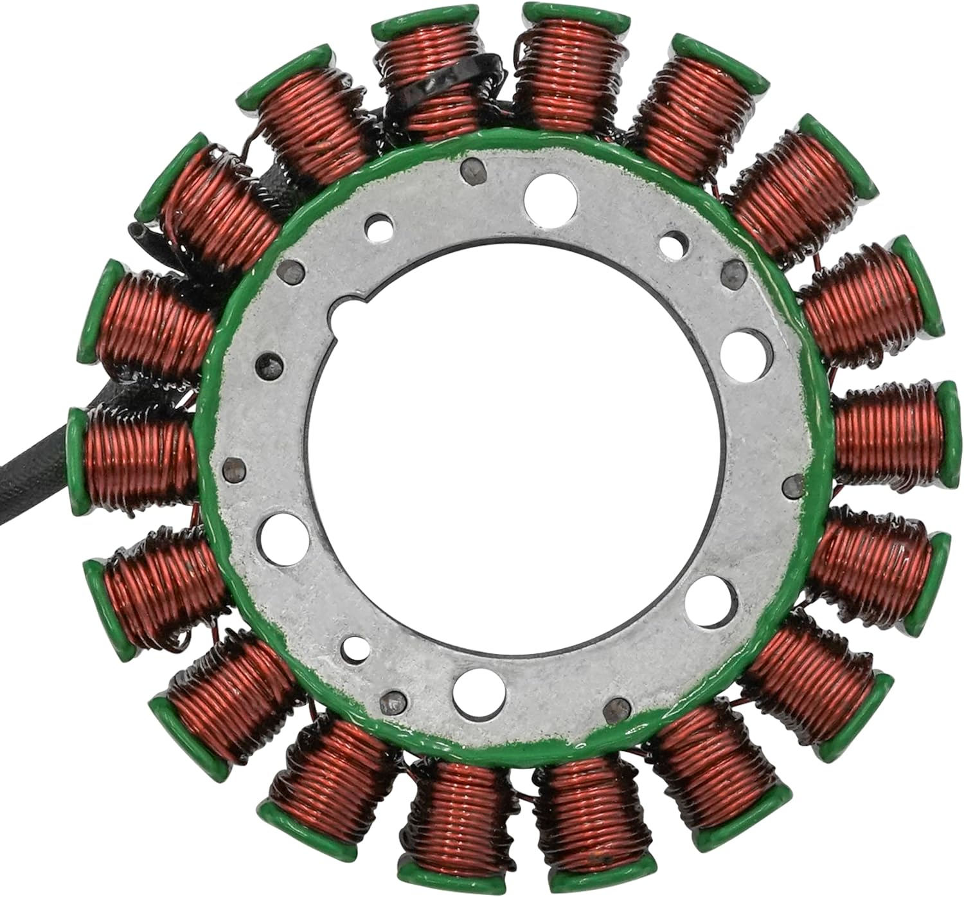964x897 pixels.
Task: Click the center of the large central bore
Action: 508,444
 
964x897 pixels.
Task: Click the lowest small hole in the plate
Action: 353,644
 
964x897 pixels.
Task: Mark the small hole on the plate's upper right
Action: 672,245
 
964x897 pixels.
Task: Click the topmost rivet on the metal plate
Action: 470,170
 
